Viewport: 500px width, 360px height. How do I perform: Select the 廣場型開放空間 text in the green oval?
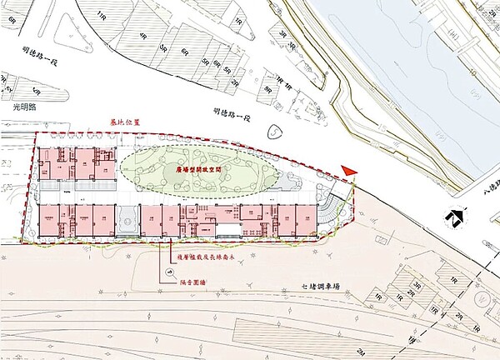pos(202,167)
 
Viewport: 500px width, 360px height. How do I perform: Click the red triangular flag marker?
pos(351,170)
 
